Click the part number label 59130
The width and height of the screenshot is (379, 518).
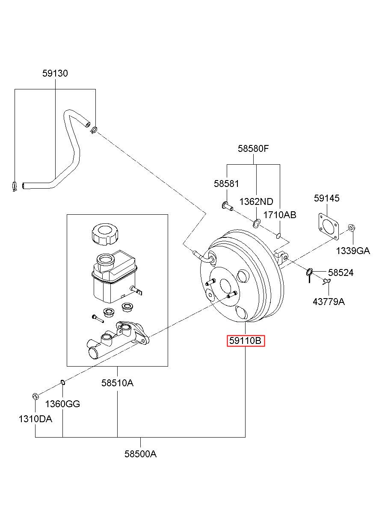(55, 73)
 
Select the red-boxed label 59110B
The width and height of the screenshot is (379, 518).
(246, 340)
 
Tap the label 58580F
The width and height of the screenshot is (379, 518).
(253, 148)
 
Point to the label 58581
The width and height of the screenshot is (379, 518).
(226, 184)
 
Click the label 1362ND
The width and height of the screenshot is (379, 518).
(256, 201)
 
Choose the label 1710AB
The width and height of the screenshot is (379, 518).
(280, 215)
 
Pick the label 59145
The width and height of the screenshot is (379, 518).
(326, 198)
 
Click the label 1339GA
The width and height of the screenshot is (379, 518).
(352, 251)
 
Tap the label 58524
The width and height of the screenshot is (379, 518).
(341, 273)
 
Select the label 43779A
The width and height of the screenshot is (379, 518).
(329, 302)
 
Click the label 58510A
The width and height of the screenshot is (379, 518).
(118, 383)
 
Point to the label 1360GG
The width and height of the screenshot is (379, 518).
(62, 404)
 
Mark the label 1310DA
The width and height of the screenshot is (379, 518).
(35, 419)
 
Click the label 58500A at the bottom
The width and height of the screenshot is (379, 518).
(140, 454)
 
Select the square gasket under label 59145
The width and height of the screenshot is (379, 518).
(329, 226)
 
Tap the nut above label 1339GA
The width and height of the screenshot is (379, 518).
(352, 228)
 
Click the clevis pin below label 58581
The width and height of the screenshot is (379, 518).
(227, 206)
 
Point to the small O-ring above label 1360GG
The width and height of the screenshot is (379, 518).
(63, 382)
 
